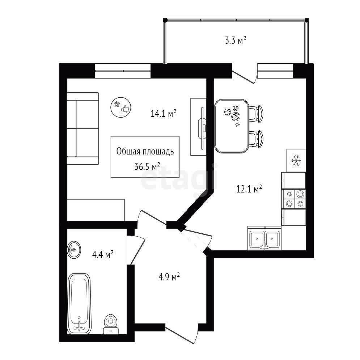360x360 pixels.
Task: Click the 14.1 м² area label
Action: pyautogui.click(x=163, y=113)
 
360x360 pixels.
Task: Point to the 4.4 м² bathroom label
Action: pyautogui.click(x=103, y=254)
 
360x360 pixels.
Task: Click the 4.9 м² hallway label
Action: pyautogui.click(x=169, y=277)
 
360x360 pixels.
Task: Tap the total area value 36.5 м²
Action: pyautogui.click(x=147, y=166)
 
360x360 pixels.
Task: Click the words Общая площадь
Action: pyautogui.click(x=145, y=151)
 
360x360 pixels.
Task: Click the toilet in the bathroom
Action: pyautogui.click(x=110, y=324)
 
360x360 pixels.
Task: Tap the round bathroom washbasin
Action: pyautogui.click(x=74, y=250)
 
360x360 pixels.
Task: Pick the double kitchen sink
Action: pyautogui.click(x=264, y=238)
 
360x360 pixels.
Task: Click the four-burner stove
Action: pyautogui.click(x=294, y=199)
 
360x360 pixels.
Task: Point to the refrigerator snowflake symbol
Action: pyautogui.click(x=296, y=161)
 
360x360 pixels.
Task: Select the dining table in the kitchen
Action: pyautogui.click(x=232, y=126)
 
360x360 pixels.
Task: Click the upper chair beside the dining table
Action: pyautogui.click(x=256, y=114)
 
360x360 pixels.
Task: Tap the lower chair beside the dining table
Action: pyautogui.click(x=256, y=139)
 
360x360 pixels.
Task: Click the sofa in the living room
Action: pyautogui.click(x=83, y=128)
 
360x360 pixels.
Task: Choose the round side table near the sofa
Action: pyautogui.click(x=121, y=107)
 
